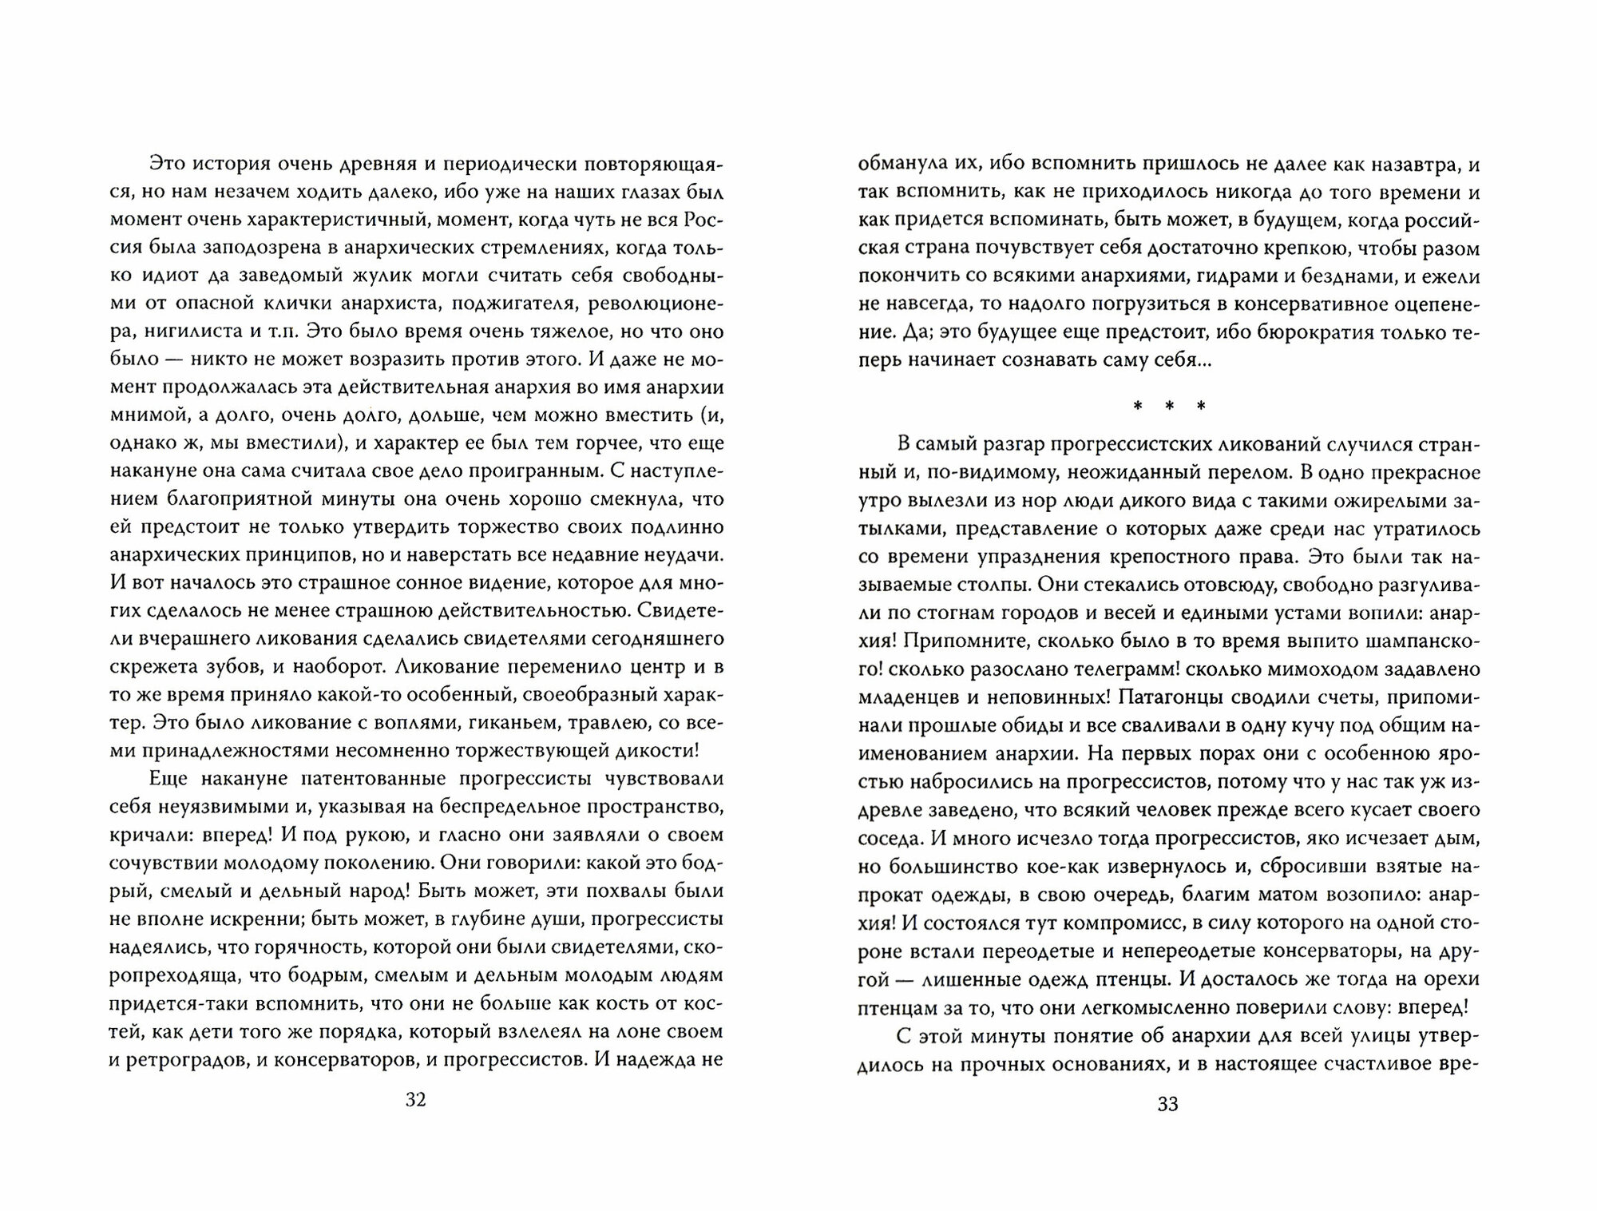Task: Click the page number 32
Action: pyautogui.click(x=416, y=1100)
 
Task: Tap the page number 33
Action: pyautogui.click(x=1167, y=1104)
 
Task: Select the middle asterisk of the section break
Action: pyautogui.click(x=1168, y=407)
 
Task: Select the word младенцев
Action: pyautogui.click(x=904, y=697)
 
